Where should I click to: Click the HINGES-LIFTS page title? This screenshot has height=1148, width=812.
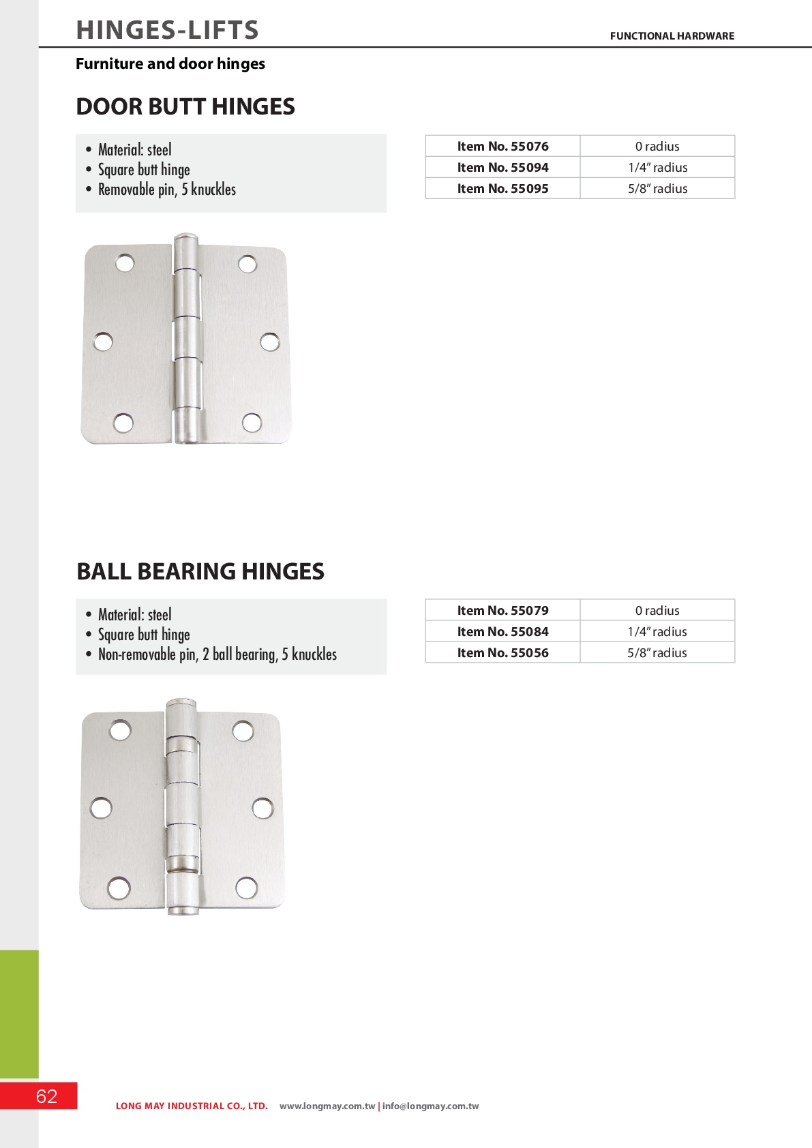coord(167,30)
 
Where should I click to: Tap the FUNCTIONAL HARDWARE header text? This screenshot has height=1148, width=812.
coord(672,36)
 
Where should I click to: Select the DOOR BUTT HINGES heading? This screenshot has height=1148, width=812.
coord(185,107)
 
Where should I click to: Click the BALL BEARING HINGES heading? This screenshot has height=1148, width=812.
coord(200,571)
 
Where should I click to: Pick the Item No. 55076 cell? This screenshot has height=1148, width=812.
coord(502,147)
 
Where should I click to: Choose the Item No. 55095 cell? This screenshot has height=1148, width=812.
coord(502,189)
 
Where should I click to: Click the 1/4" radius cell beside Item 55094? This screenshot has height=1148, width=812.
coord(657,168)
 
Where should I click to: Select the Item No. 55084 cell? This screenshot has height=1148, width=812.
coord(502,632)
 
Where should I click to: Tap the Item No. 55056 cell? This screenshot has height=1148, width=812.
coord(502,653)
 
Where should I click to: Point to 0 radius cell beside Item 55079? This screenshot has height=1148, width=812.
coord(657,611)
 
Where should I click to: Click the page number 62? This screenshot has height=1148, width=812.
coord(46,1096)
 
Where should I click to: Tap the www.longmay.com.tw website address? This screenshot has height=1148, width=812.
coord(327,1106)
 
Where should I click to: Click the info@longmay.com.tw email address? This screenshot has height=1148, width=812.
coord(430,1106)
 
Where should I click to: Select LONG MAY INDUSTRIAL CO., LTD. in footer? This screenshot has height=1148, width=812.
coord(192,1106)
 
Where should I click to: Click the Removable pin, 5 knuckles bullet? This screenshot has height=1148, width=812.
coord(166,190)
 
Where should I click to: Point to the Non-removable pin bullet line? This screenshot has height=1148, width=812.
coord(217,654)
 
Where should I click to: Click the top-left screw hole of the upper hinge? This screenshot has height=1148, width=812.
coord(125,263)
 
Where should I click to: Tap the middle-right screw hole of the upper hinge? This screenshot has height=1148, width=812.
coord(270,342)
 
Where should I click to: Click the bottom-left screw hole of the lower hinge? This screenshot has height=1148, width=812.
coord(119,888)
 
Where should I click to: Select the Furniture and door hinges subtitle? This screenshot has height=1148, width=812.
coord(170,64)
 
